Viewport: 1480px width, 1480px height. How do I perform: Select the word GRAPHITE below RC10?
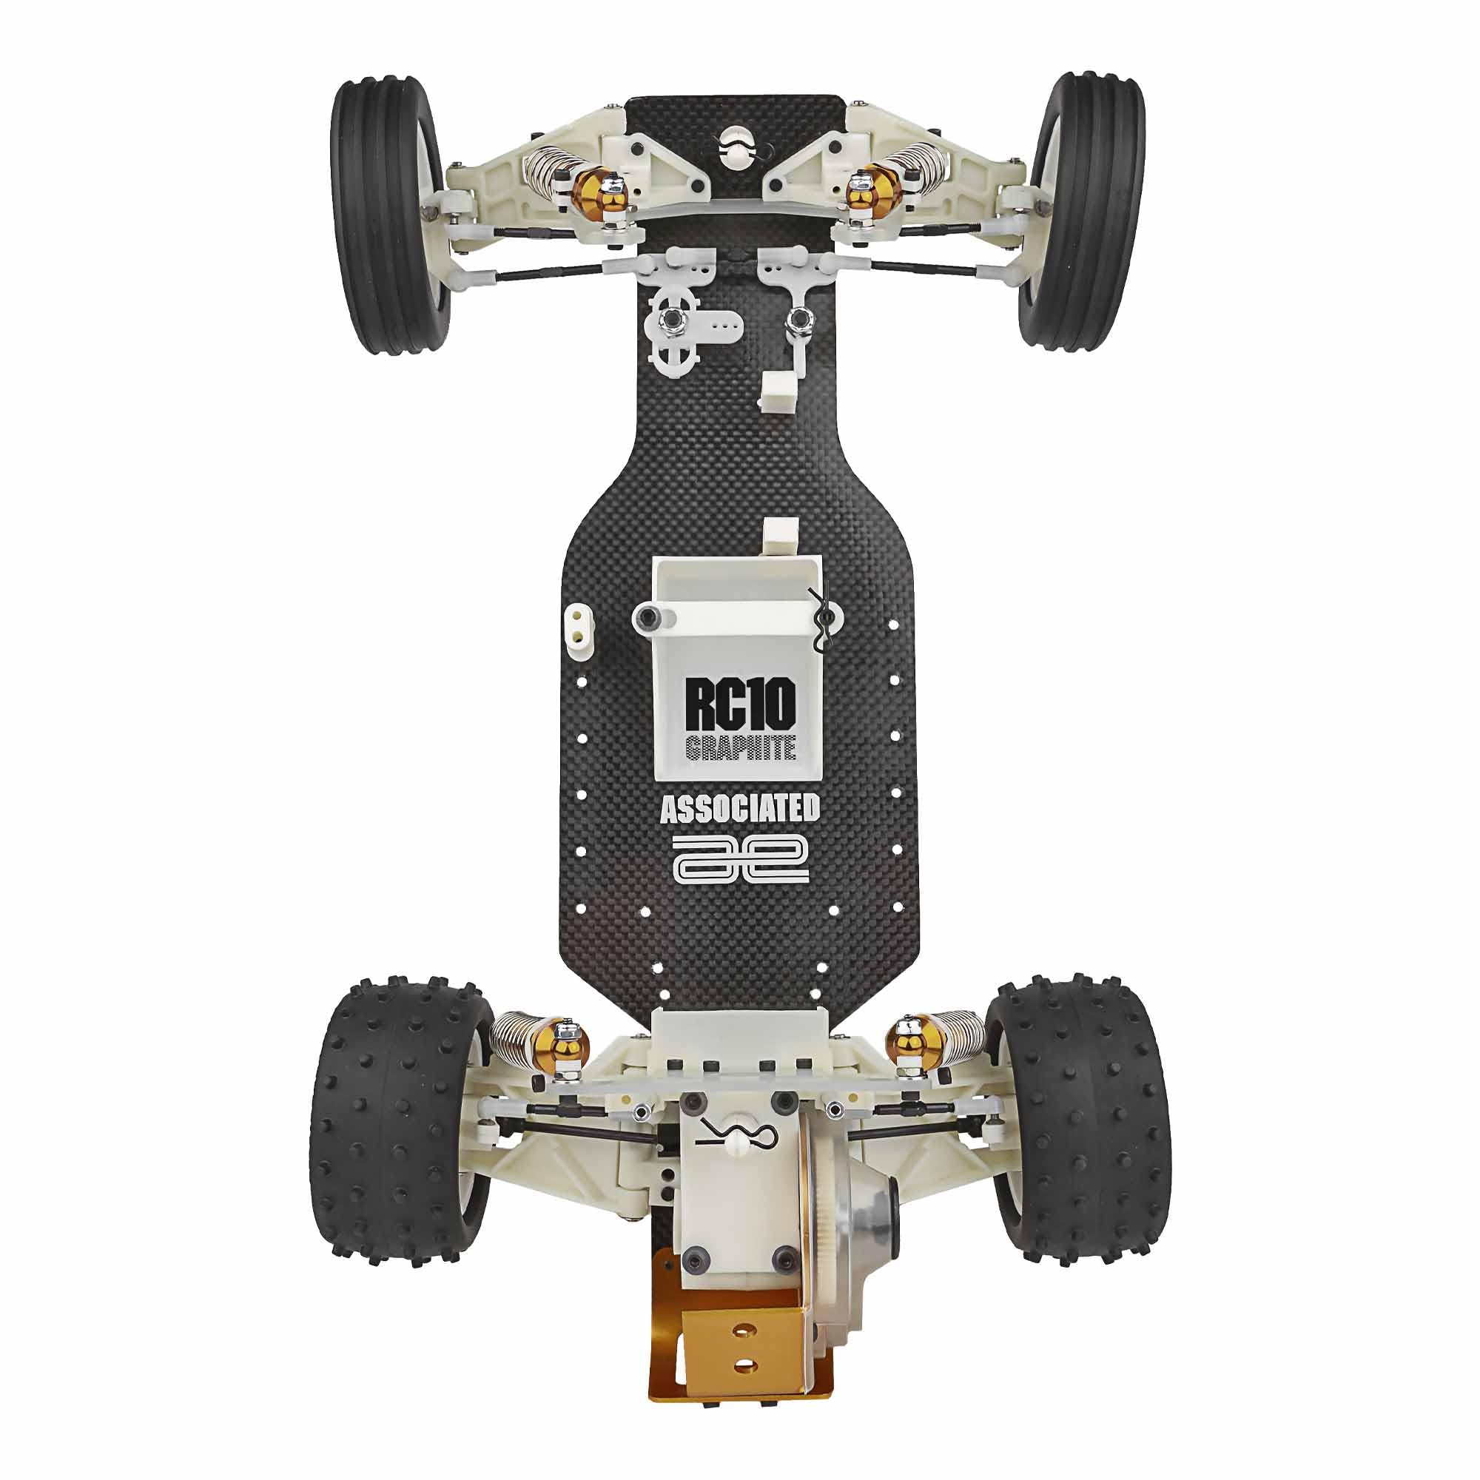point(739,747)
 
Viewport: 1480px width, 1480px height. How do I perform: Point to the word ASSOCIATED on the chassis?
point(739,809)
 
